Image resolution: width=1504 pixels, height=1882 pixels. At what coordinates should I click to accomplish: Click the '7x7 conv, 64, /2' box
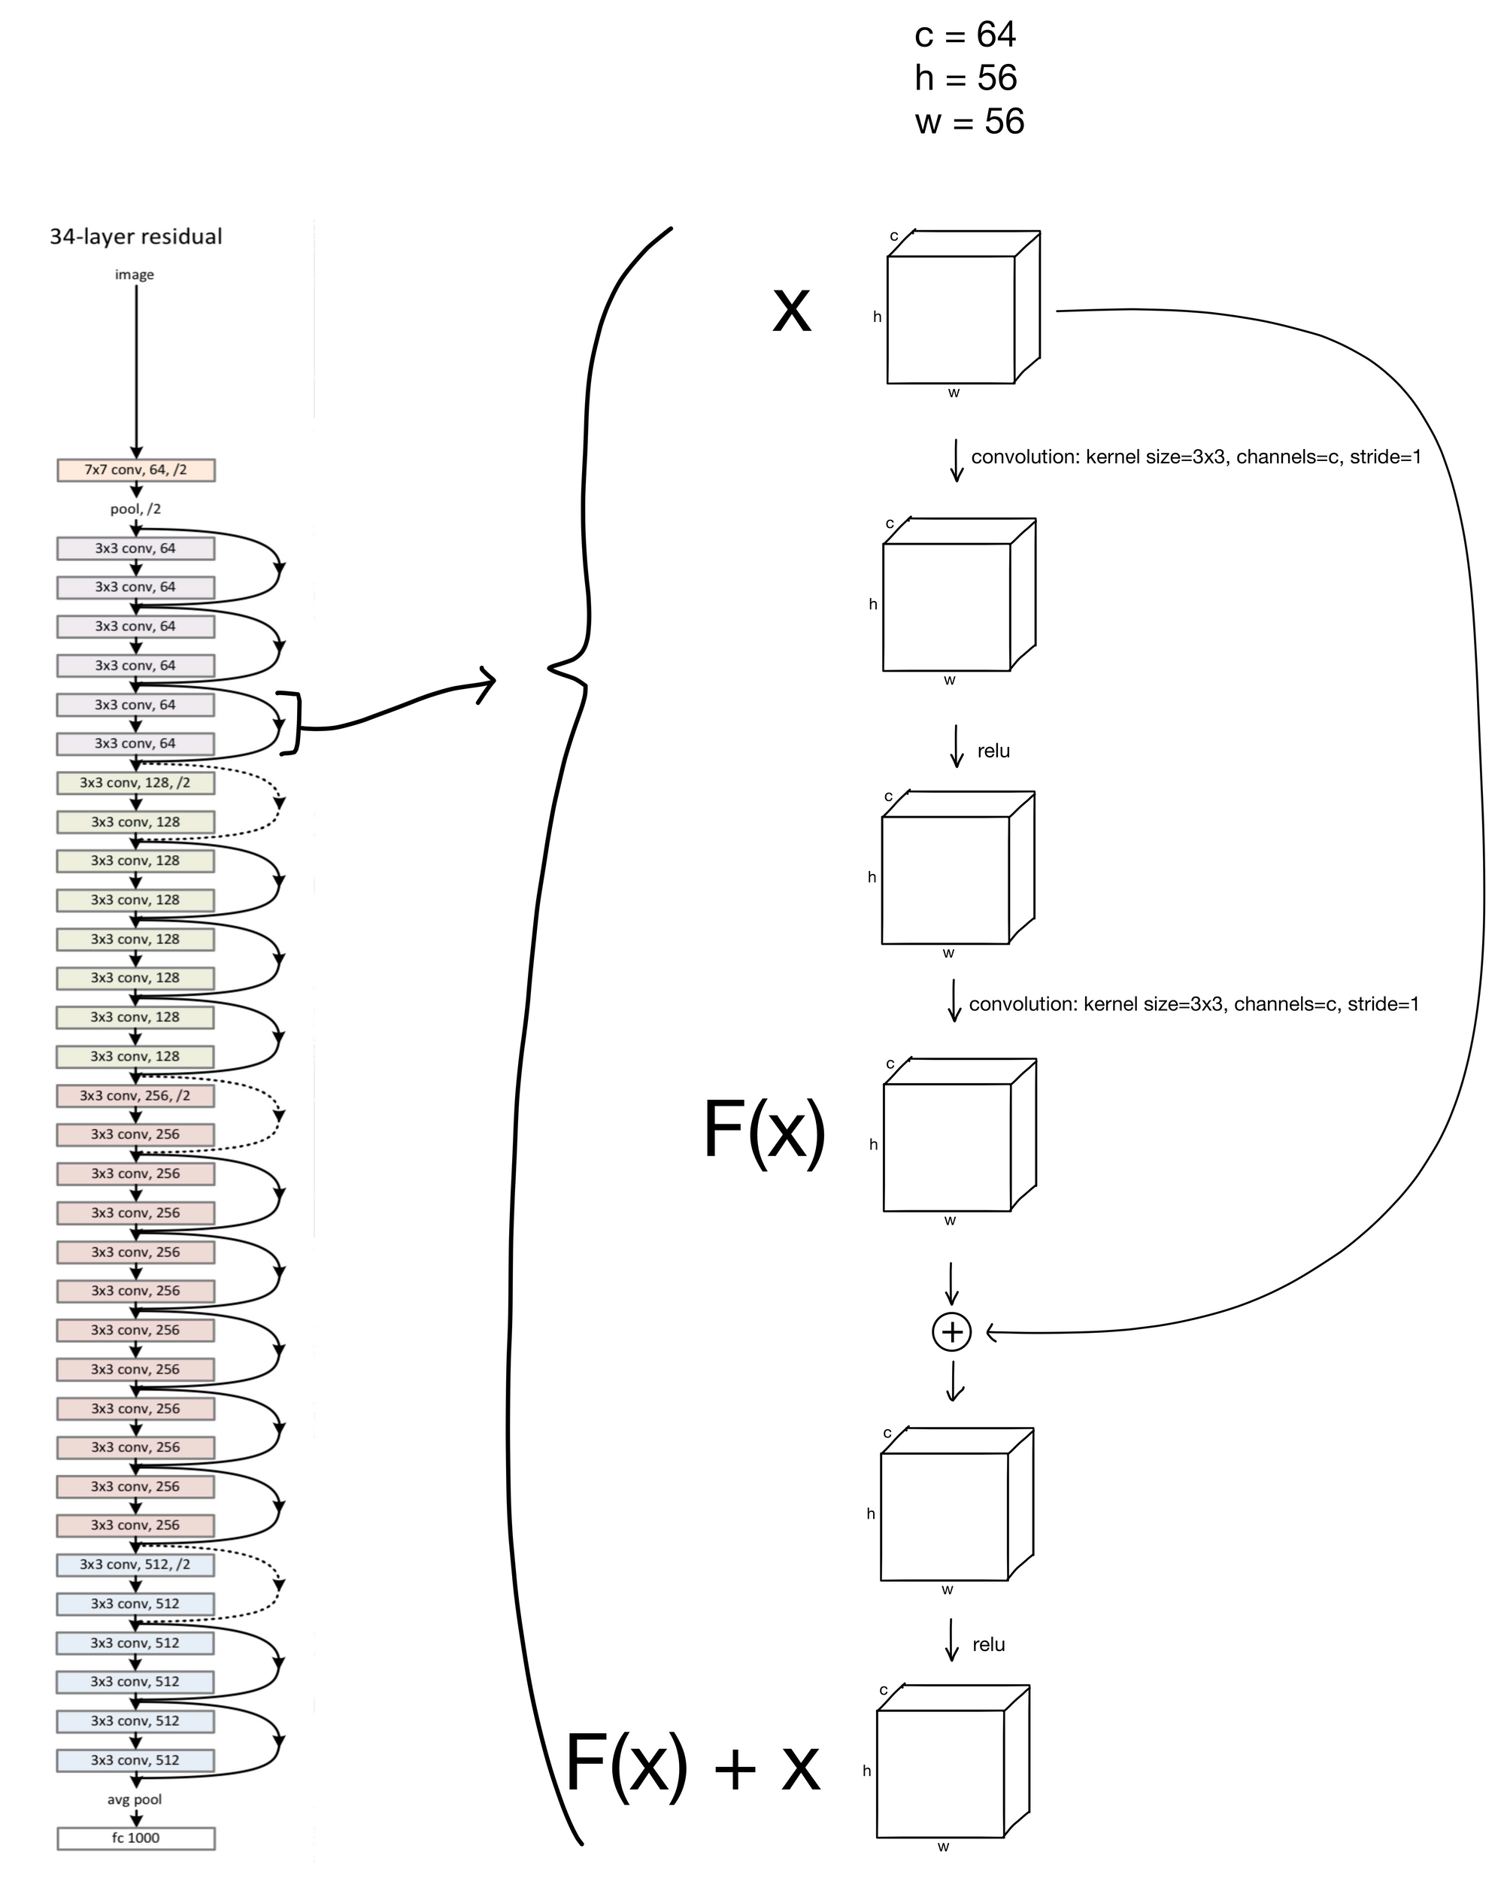point(135,469)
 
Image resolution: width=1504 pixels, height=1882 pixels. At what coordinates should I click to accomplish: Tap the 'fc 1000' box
point(135,1838)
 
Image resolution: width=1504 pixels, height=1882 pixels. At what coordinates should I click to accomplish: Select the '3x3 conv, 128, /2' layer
point(135,783)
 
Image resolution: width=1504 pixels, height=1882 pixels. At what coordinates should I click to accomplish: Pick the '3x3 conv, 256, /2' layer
point(135,1095)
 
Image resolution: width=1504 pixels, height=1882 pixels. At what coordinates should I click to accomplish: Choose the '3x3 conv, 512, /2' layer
point(135,1565)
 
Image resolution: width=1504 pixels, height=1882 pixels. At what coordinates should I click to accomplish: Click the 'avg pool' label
point(135,1799)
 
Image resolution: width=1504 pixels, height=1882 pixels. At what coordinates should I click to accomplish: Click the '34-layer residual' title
point(136,236)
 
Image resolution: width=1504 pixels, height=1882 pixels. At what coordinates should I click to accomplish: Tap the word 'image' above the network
point(135,274)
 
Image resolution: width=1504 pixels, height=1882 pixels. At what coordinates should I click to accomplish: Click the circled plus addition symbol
point(951,1332)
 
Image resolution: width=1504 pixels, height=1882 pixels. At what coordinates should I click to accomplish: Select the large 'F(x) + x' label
point(692,1763)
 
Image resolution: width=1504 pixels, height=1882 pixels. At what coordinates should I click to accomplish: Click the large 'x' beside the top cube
point(792,309)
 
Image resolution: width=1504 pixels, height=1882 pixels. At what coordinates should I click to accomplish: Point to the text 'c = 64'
point(965,35)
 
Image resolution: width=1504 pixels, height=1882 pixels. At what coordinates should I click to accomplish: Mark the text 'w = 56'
point(969,121)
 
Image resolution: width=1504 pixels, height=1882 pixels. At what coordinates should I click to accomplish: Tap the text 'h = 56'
point(966,78)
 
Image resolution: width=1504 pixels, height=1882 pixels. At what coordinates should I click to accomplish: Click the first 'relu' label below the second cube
point(993,751)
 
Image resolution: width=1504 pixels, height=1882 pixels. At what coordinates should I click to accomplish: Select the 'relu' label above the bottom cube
point(988,1644)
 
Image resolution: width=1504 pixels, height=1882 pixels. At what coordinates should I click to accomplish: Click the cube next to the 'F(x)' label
point(959,1135)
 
